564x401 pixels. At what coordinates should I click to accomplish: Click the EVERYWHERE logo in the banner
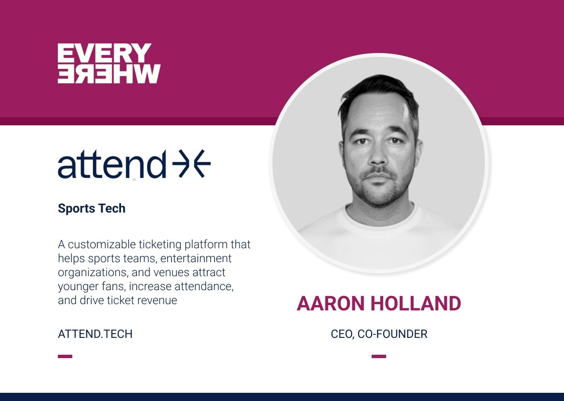tap(109, 63)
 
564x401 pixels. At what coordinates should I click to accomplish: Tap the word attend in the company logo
tap(112, 164)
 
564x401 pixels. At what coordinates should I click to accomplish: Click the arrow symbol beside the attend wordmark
tap(191, 164)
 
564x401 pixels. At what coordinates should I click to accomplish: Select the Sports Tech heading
tap(92, 209)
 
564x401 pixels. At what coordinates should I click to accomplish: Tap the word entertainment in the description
tap(196, 259)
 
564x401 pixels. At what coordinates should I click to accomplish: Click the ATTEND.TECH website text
tap(95, 334)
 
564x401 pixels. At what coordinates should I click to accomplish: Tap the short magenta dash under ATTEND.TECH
tap(65, 356)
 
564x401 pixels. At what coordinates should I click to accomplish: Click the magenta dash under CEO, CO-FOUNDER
tap(379, 356)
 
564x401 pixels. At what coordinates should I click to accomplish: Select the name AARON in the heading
tap(331, 304)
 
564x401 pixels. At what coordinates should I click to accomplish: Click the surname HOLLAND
tap(416, 304)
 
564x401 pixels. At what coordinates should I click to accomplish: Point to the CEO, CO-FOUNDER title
tap(379, 334)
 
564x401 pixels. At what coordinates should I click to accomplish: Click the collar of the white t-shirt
tap(379, 216)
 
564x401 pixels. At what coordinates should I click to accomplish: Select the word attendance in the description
tap(204, 287)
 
